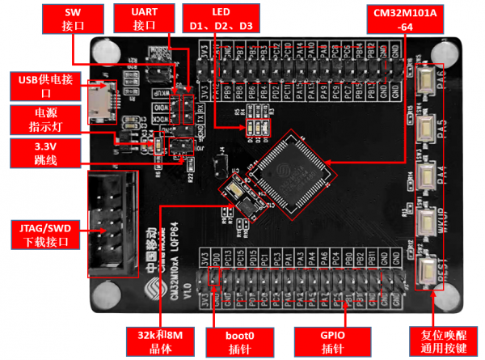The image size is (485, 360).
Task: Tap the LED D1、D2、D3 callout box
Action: (221, 19)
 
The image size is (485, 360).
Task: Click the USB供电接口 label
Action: (40, 86)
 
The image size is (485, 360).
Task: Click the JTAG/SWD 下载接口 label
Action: (40, 232)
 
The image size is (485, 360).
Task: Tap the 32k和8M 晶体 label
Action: (158, 340)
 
